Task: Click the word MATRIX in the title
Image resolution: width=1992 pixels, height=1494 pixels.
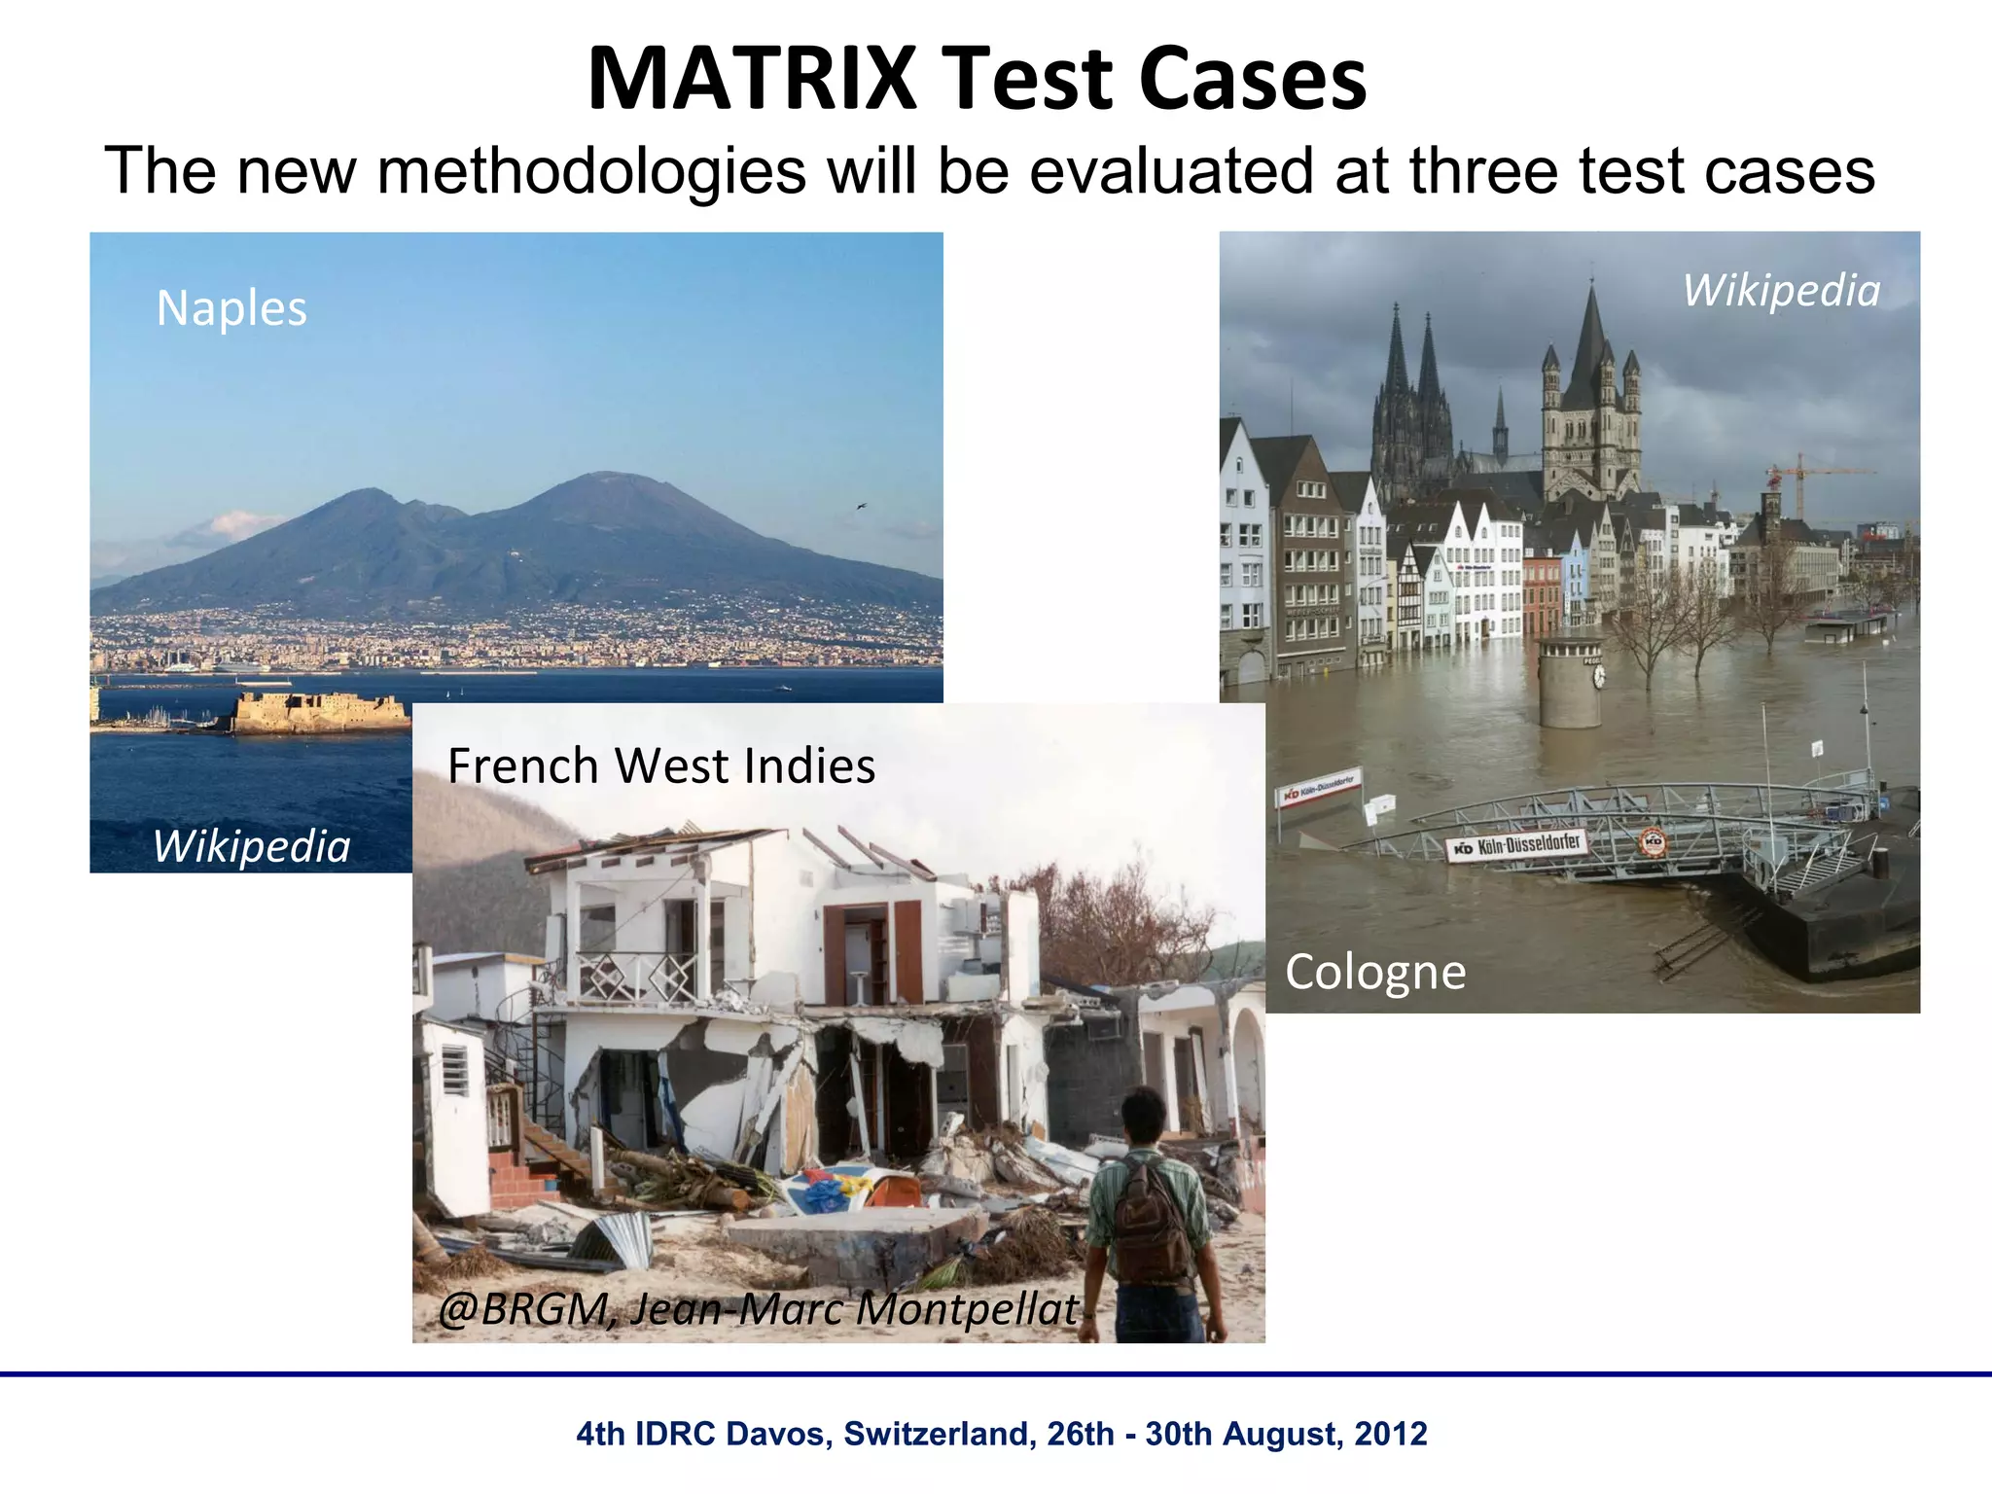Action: [751, 78]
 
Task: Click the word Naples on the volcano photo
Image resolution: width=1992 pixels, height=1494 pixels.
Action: [231, 308]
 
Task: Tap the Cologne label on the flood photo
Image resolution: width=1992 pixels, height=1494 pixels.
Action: [1374, 972]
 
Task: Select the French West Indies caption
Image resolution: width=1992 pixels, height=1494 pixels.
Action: [661, 765]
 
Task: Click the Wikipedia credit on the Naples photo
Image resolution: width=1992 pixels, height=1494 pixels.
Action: [251, 846]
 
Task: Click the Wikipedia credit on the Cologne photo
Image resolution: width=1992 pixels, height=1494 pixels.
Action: [1781, 291]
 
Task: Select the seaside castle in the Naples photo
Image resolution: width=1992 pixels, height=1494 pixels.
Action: [321, 711]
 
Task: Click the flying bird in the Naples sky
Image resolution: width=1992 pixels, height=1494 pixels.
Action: [861, 506]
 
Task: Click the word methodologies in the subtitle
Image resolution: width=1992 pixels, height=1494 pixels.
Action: [591, 171]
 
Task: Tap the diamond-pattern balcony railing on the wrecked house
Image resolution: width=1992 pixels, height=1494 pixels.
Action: [637, 977]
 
